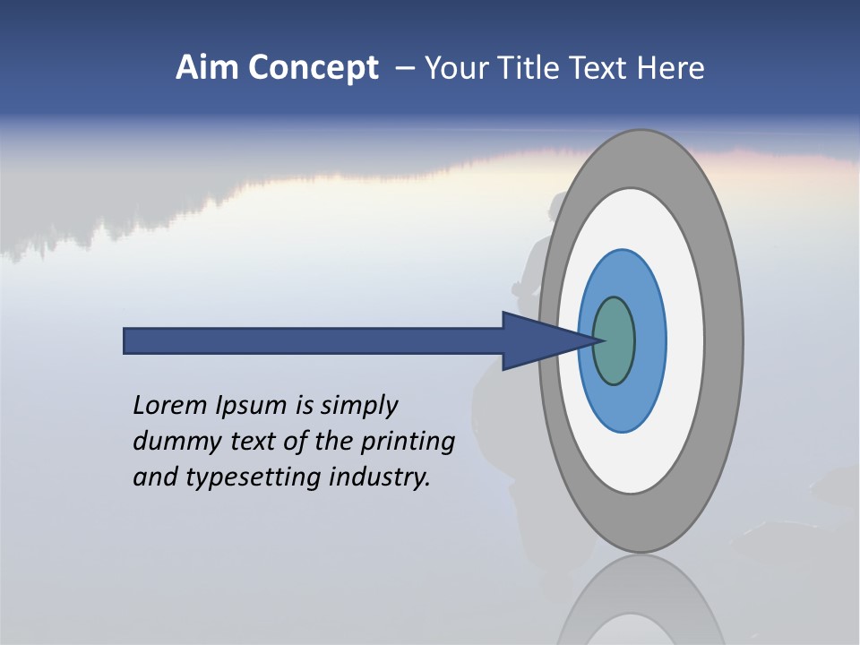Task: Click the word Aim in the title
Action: [207, 68]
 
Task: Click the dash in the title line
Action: [404, 69]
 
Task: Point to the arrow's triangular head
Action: [537, 341]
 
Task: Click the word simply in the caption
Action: [358, 407]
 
